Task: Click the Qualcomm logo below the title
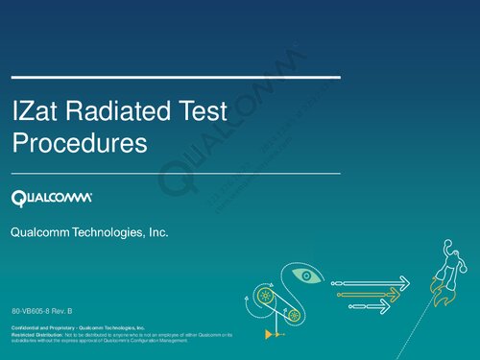coord(52,198)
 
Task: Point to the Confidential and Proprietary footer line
coord(78,327)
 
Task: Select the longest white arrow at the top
coord(370,283)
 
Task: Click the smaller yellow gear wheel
coord(295,315)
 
